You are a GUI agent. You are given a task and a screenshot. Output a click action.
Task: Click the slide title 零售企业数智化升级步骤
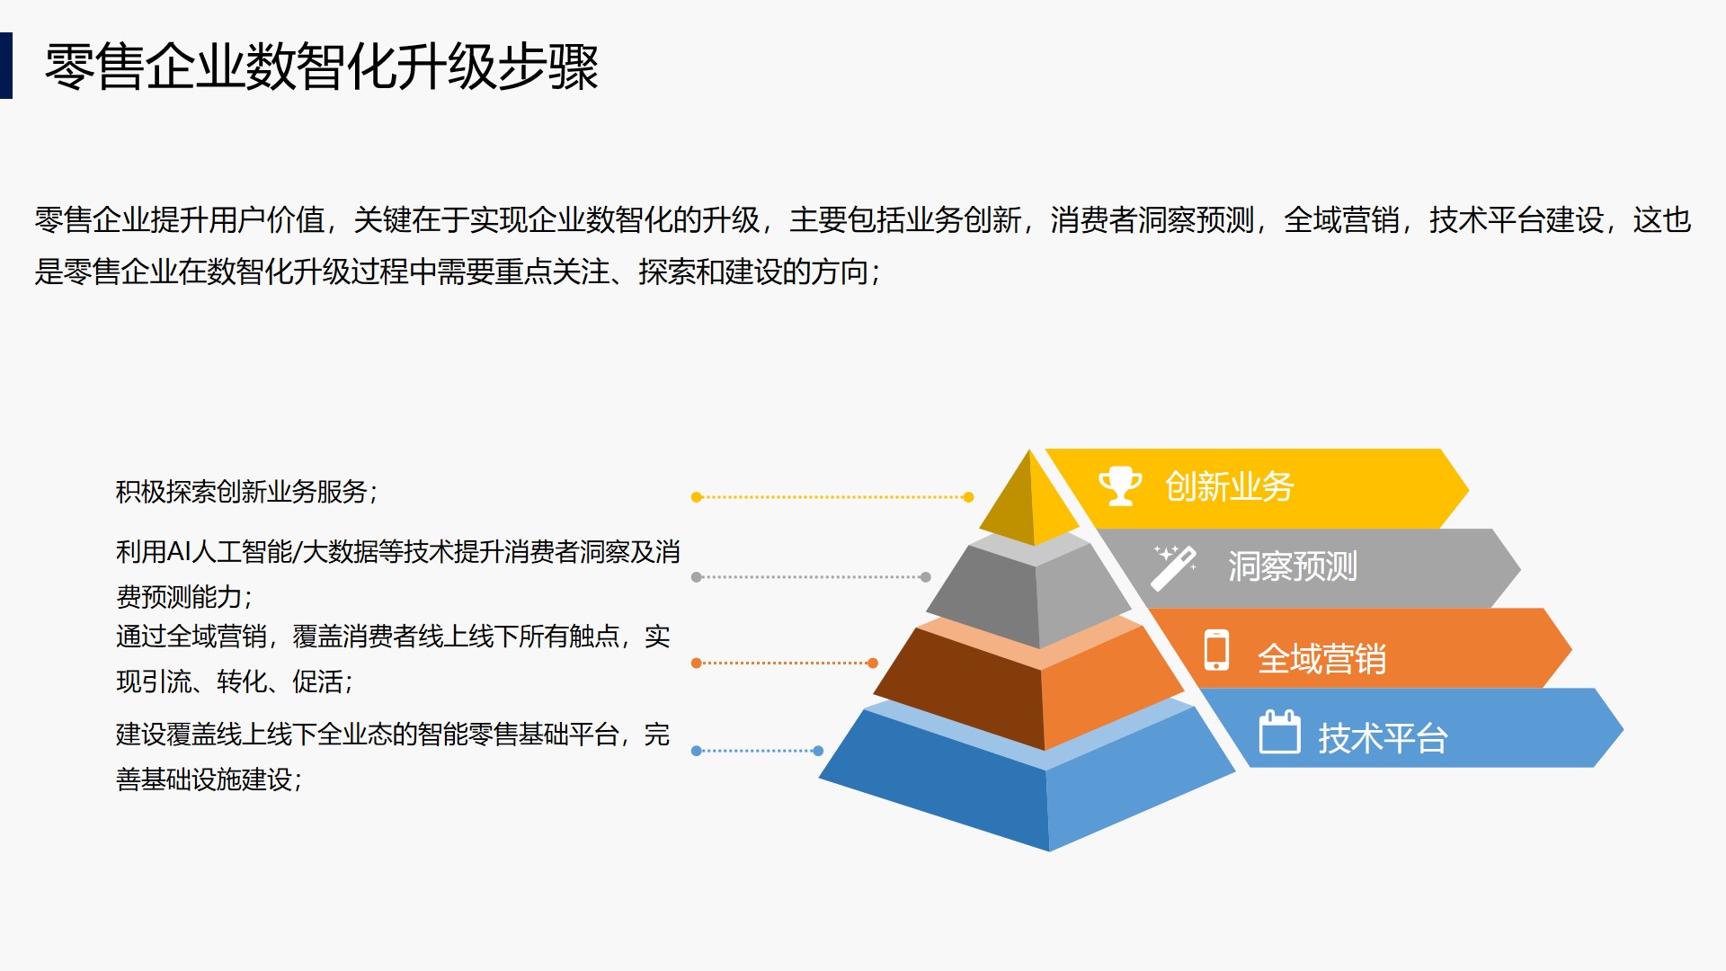pyautogui.click(x=322, y=67)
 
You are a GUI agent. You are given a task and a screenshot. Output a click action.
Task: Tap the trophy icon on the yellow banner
pyautogui.click(x=1120, y=485)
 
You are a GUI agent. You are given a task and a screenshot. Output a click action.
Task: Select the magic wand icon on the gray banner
pyautogui.click(x=1174, y=567)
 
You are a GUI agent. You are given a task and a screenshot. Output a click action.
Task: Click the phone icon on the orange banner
pyautogui.click(x=1216, y=649)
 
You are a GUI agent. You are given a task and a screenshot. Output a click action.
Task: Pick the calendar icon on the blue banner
pyautogui.click(x=1279, y=732)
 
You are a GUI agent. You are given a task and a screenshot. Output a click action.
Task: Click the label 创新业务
pyautogui.click(x=1229, y=487)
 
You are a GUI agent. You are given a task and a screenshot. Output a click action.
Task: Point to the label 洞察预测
pyautogui.click(x=1292, y=567)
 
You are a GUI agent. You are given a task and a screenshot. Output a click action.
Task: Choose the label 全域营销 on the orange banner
pyautogui.click(x=1321, y=659)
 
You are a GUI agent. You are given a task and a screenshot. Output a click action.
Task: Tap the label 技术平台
pyautogui.click(x=1383, y=739)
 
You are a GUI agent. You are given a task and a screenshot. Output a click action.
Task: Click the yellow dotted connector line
pyautogui.click(x=832, y=497)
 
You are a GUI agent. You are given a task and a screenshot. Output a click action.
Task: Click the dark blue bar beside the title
pyautogui.click(x=5, y=66)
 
